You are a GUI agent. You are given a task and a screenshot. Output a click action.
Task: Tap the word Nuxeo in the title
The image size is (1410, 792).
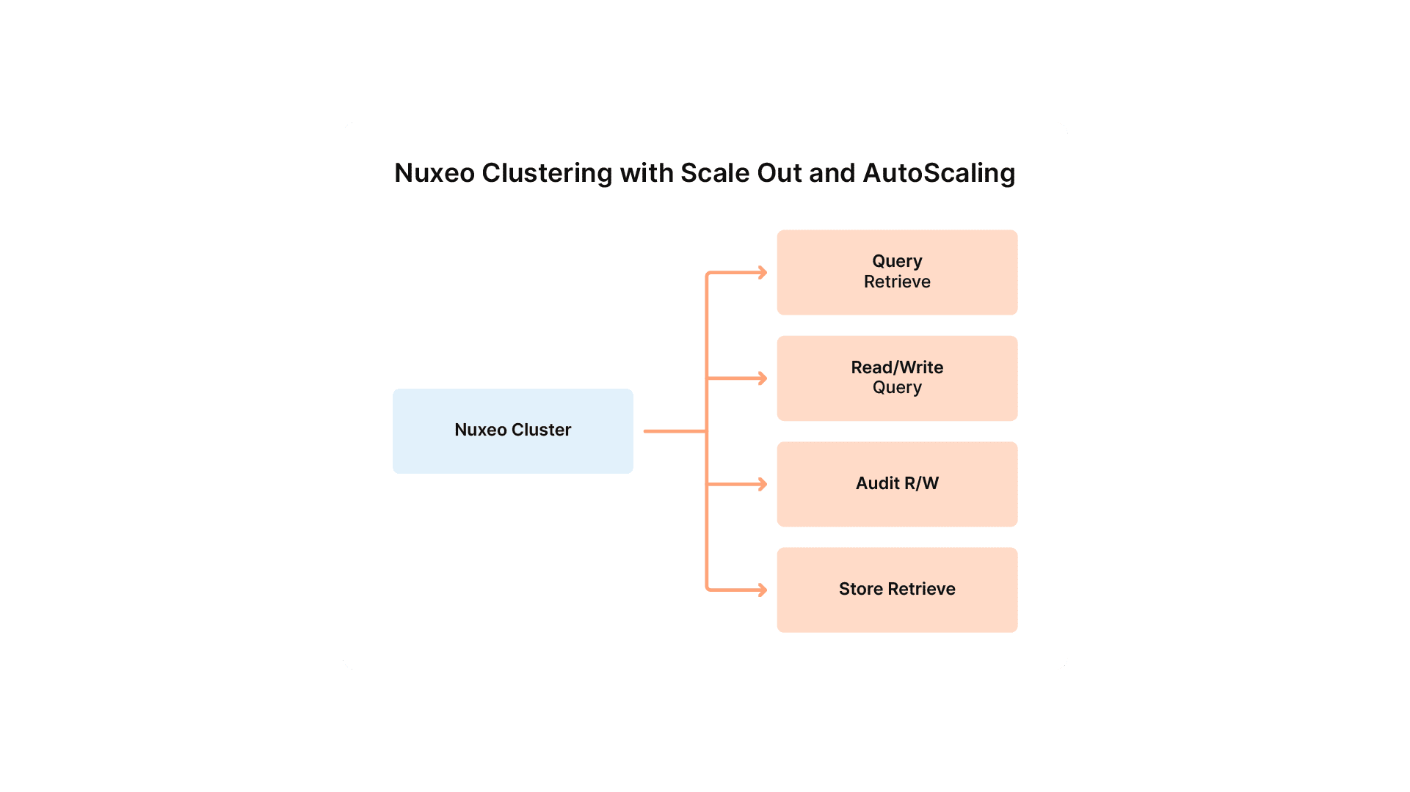click(435, 173)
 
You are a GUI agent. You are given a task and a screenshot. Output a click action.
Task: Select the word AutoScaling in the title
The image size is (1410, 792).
click(939, 173)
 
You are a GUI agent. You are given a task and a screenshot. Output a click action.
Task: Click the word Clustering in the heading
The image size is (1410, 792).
click(547, 173)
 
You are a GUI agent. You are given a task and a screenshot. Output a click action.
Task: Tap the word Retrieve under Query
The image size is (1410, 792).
click(897, 282)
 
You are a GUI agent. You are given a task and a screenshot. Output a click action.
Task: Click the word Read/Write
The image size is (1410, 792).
click(897, 367)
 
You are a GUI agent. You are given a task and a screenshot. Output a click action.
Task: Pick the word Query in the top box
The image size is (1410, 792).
click(897, 261)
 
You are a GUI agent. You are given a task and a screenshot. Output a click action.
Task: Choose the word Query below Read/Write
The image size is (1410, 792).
click(897, 388)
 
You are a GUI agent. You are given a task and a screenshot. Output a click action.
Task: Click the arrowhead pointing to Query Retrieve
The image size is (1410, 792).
click(763, 273)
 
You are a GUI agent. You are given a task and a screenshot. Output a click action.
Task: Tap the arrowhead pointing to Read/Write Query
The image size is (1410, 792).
click(763, 378)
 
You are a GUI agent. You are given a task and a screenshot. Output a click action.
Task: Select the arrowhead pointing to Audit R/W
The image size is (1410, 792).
click(763, 484)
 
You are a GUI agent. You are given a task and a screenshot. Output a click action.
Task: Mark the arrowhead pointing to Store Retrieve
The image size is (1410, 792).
click(763, 590)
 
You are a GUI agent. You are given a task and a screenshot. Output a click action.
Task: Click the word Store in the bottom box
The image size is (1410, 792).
click(860, 589)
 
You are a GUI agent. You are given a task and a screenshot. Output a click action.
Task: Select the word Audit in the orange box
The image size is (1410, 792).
click(877, 483)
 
